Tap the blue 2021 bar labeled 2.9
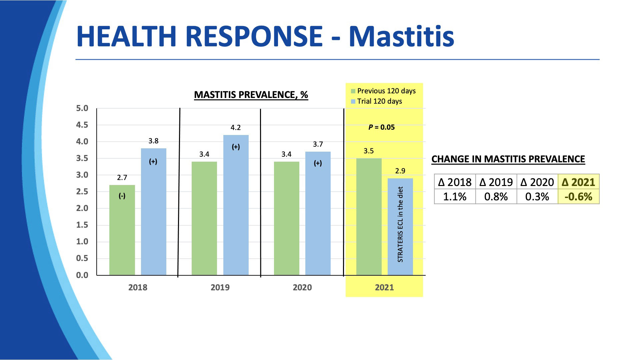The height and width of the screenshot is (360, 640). (400, 227)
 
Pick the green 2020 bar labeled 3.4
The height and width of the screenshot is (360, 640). (286, 218)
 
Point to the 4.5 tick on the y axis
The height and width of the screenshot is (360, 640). (82, 125)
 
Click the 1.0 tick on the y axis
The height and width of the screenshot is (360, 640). (82, 242)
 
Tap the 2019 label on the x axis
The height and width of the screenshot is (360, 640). (220, 287)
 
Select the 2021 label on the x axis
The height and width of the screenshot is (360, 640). (384, 287)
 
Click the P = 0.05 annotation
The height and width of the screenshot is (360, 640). (381, 127)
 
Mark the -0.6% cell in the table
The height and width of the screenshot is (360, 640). (578, 197)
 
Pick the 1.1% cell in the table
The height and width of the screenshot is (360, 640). (455, 197)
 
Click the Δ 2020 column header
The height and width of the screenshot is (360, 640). (537, 182)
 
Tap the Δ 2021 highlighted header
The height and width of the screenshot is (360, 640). (578, 182)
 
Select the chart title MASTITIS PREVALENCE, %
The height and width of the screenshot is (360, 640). (251, 95)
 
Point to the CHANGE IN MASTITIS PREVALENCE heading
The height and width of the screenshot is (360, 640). (508, 159)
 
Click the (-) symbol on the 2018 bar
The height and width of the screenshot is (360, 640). (122, 196)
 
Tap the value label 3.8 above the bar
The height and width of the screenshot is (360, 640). (153, 141)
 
